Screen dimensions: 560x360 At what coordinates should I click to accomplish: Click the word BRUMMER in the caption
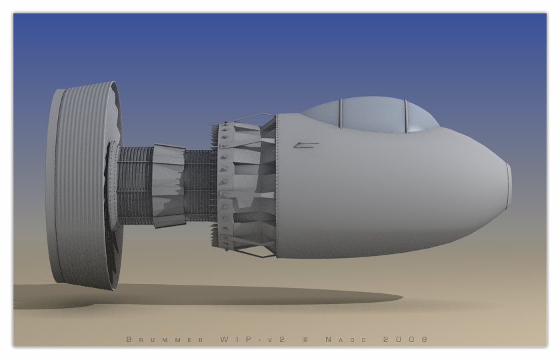tap(165, 339)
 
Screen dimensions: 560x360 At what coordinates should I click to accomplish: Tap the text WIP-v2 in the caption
tap(253, 339)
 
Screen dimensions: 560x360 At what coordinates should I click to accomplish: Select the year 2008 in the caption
tap(405, 339)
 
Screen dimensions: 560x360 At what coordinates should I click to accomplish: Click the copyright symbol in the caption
tap(305, 339)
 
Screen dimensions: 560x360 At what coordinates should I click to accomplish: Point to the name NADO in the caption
tap(346, 339)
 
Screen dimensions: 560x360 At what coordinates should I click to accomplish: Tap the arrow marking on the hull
tap(306, 145)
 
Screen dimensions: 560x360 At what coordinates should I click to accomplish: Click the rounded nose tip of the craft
tap(509, 186)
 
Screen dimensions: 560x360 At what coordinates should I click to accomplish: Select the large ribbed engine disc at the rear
tap(84, 186)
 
